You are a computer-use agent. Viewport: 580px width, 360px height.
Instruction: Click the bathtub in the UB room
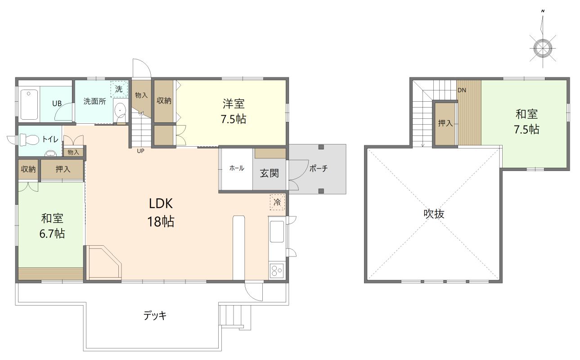(29, 105)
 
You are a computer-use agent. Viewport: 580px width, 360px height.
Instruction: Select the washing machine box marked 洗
(119, 89)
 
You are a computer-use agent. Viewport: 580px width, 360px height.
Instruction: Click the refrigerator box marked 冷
(277, 202)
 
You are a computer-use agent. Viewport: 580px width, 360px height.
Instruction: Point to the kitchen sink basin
(277, 232)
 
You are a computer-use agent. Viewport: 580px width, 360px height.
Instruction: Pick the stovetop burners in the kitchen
(277, 270)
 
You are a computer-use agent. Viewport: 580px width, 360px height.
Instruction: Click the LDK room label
(161, 203)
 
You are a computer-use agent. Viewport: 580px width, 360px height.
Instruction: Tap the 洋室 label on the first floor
(234, 103)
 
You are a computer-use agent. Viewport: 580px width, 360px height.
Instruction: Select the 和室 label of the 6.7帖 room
(52, 218)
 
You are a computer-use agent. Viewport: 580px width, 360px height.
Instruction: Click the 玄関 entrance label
(269, 173)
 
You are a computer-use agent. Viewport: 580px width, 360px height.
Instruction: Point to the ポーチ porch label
(319, 169)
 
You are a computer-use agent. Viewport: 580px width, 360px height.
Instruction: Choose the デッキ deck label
(155, 315)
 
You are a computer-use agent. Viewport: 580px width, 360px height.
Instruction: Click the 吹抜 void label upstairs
(434, 214)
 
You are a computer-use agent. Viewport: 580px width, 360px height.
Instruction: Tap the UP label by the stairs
(140, 151)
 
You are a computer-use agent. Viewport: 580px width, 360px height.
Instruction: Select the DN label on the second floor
(462, 90)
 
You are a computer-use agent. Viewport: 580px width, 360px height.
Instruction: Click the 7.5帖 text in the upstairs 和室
(526, 130)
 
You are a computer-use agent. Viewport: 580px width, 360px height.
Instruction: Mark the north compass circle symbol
(543, 48)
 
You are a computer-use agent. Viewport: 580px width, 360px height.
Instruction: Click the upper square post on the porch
(321, 147)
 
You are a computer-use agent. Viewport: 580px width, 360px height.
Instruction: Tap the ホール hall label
(237, 168)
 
